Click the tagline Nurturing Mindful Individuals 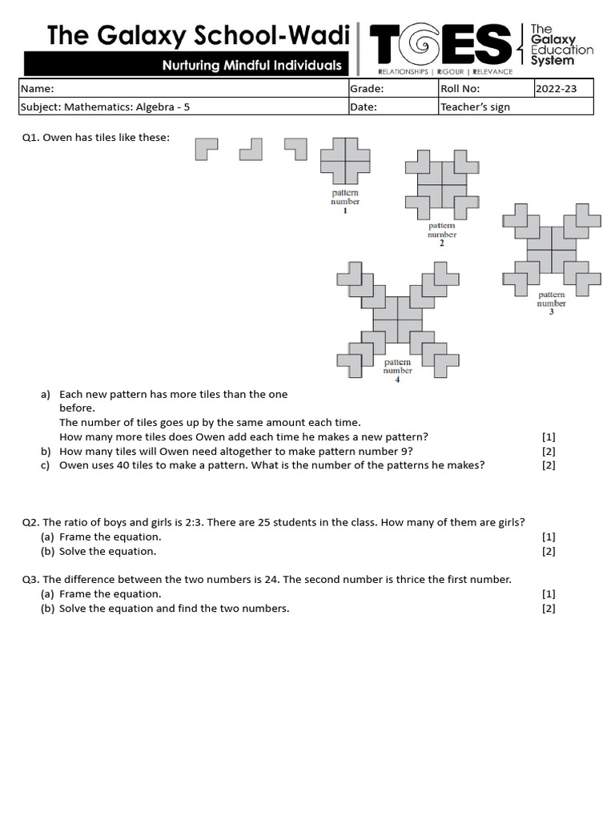(x=251, y=66)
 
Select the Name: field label (x=37, y=89)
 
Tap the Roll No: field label (x=460, y=89)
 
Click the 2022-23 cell (x=555, y=89)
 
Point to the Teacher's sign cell (x=475, y=107)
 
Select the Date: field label (x=364, y=107)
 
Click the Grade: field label (x=367, y=89)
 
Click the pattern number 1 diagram (x=345, y=161)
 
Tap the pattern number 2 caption (x=441, y=234)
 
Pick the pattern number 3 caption (x=551, y=303)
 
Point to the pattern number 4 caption (x=397, y=370)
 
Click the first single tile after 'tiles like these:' (x=206, y=149)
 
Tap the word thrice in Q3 (x=411, y=579)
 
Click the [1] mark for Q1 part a (x=549, y=436)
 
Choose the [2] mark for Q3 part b (x=549, y=609)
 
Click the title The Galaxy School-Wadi (x=198, y=36)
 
